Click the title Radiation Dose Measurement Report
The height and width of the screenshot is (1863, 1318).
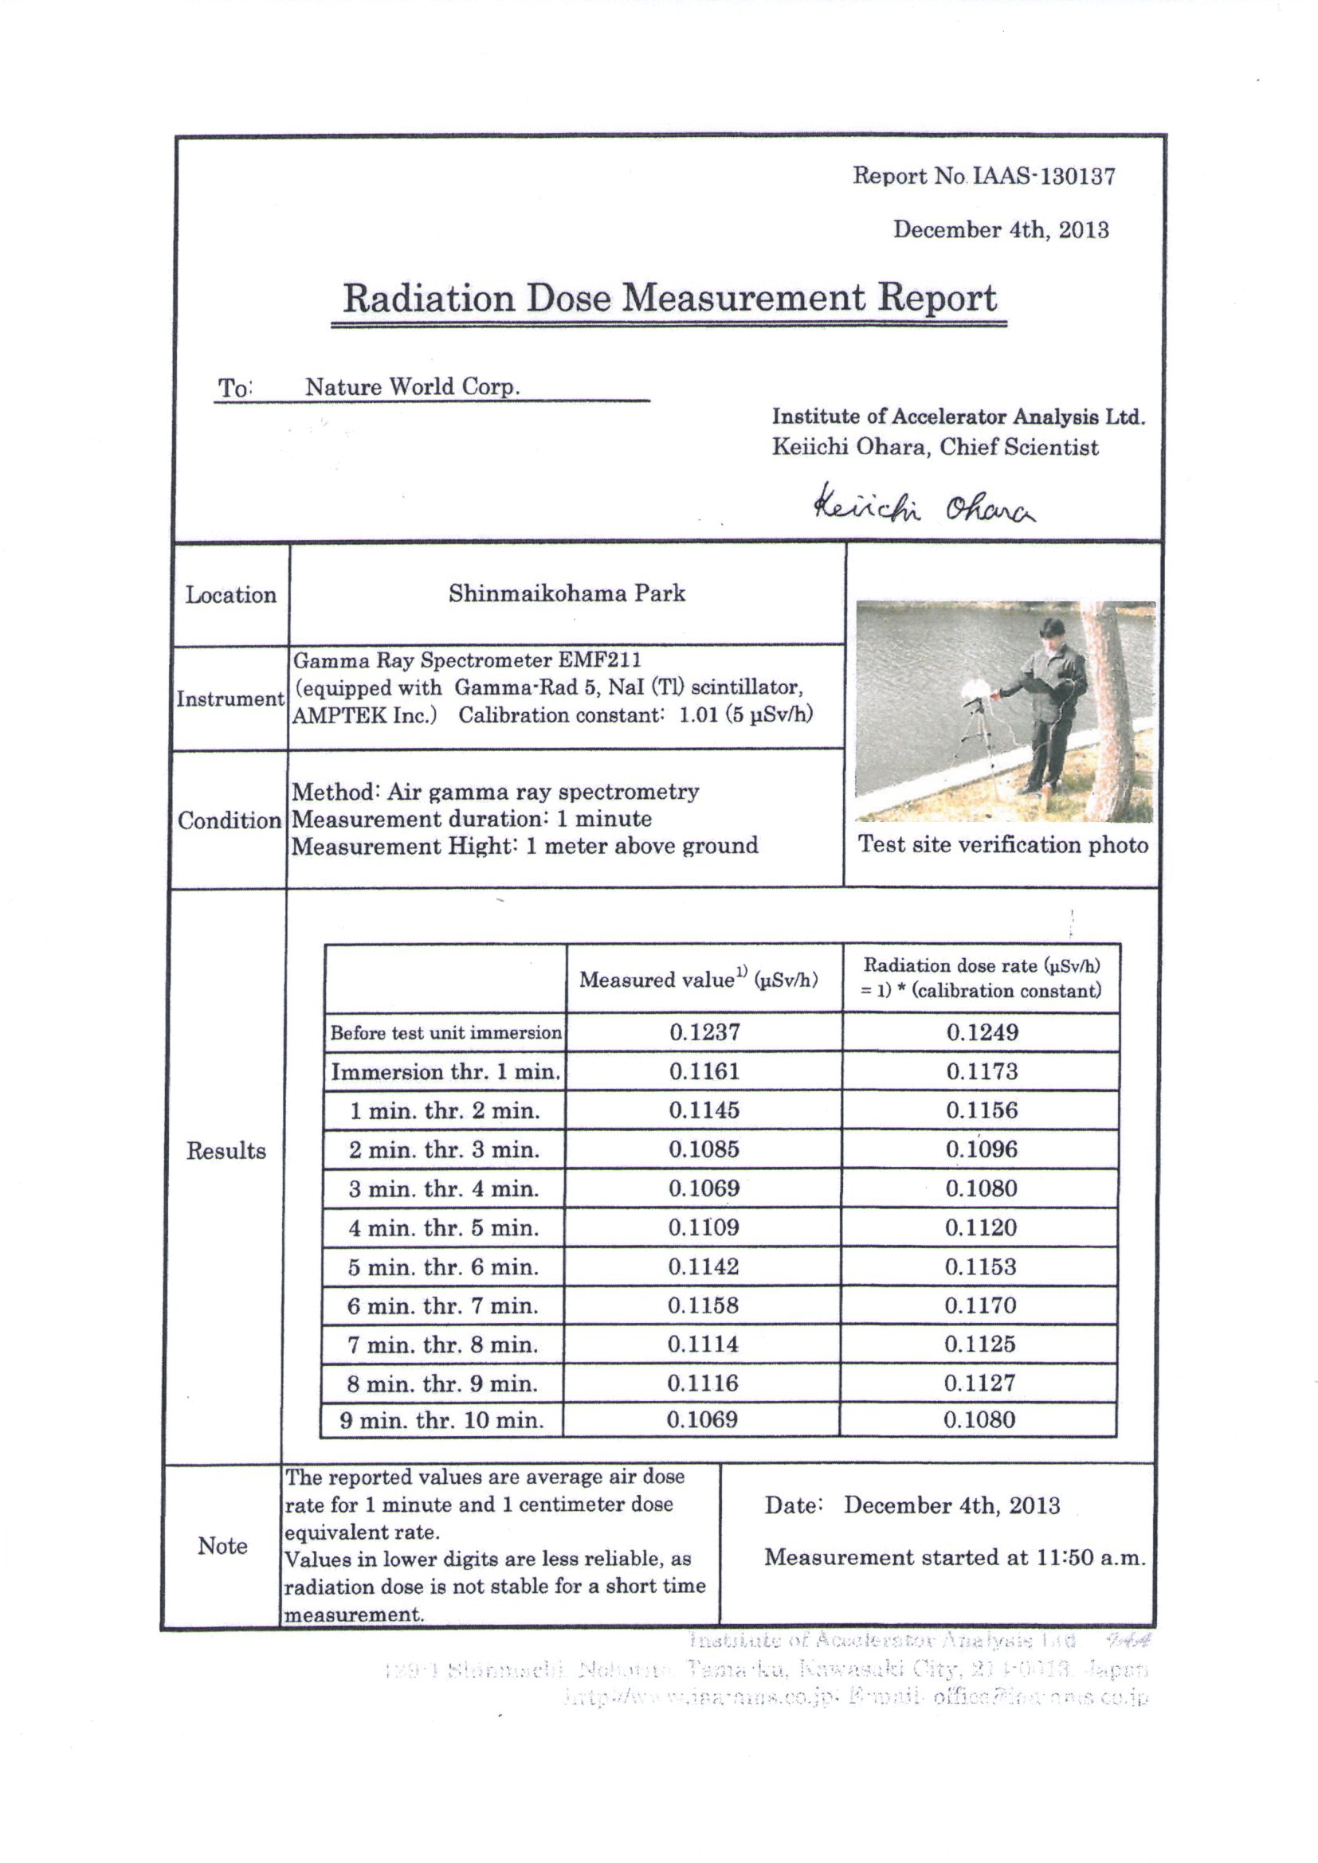coord(669,298)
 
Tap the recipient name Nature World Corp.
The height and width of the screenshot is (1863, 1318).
coord(412,387)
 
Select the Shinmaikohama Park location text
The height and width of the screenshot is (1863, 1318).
coord(567,594)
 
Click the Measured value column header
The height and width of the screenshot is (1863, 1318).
coord(698,980)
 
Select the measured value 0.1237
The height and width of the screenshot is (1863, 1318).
coord(704,1032)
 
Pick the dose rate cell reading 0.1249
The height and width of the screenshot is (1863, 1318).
coord(982,1032)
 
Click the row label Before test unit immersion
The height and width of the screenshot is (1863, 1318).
coord(445,1033)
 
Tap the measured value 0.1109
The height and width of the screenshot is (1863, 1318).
coord(704,1227)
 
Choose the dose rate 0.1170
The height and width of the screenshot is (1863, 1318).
coord(980,1305)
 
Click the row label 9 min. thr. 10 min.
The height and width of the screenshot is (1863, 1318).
coord(441,1420)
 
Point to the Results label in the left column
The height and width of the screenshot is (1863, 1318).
coord(226,1151)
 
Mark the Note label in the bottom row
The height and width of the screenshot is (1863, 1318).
coord(222,1546)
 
